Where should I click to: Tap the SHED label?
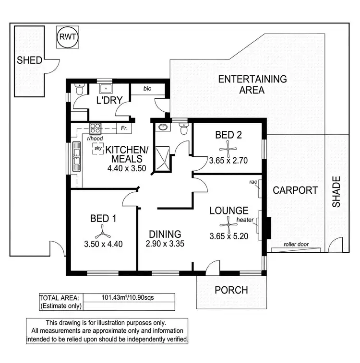[30, 60]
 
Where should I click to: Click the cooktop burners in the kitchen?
[95, 129]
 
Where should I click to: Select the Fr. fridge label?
[124, 129]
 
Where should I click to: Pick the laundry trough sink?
[105, 90]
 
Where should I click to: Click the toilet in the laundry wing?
[80, 90]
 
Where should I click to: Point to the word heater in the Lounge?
[245, 220]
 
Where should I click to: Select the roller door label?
[296, 244]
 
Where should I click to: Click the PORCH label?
[231, 290]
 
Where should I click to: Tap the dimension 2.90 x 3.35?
[165, 244]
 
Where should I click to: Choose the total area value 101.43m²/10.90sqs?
[127, 297]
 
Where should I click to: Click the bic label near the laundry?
[148, 89]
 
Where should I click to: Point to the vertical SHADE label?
[336, 192]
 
